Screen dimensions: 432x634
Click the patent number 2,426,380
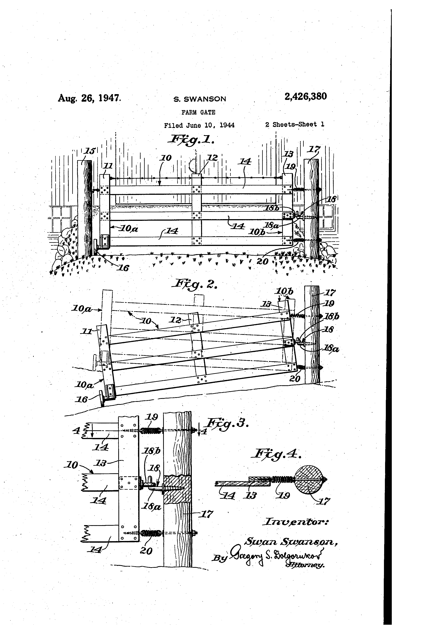(306, 97)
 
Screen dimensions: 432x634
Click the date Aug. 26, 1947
(89, 98)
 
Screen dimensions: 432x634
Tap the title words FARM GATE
(198, 112)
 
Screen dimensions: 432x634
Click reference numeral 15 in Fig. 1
(89, 151)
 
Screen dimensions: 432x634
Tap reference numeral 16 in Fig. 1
(123, 268)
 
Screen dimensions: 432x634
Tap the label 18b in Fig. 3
(152, 451)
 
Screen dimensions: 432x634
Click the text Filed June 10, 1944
(199, 126)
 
